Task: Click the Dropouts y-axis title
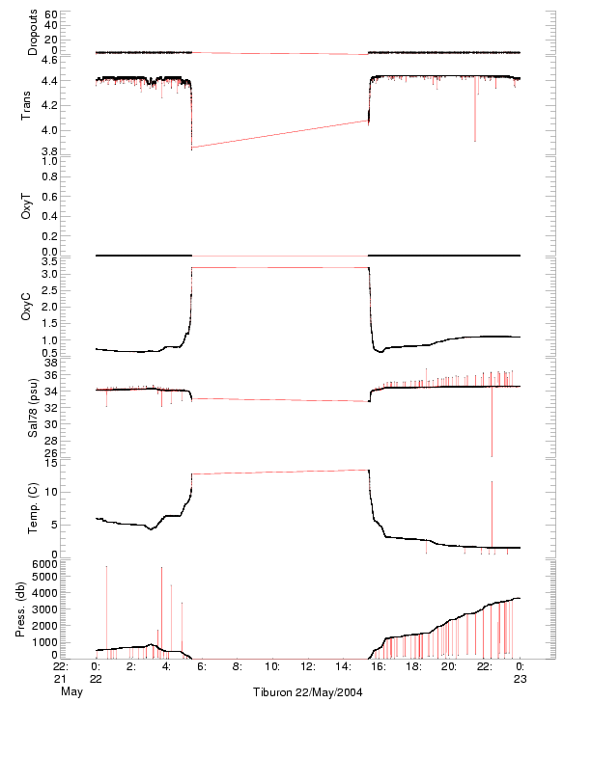click(x=33, y=33)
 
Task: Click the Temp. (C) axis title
click(x=33, y=506)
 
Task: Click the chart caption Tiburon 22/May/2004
click(x=308, y=692)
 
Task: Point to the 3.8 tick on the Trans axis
click(x=49, y=151)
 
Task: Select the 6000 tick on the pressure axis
click(x=45, y=563)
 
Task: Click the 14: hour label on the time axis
click(x=344, y=666)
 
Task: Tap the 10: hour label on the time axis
click(x=273, y=666)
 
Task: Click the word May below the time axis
click(x=71, y=692)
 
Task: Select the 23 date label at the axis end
click(x=520, y=679)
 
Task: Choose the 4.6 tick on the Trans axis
click(x=49, y=60)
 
